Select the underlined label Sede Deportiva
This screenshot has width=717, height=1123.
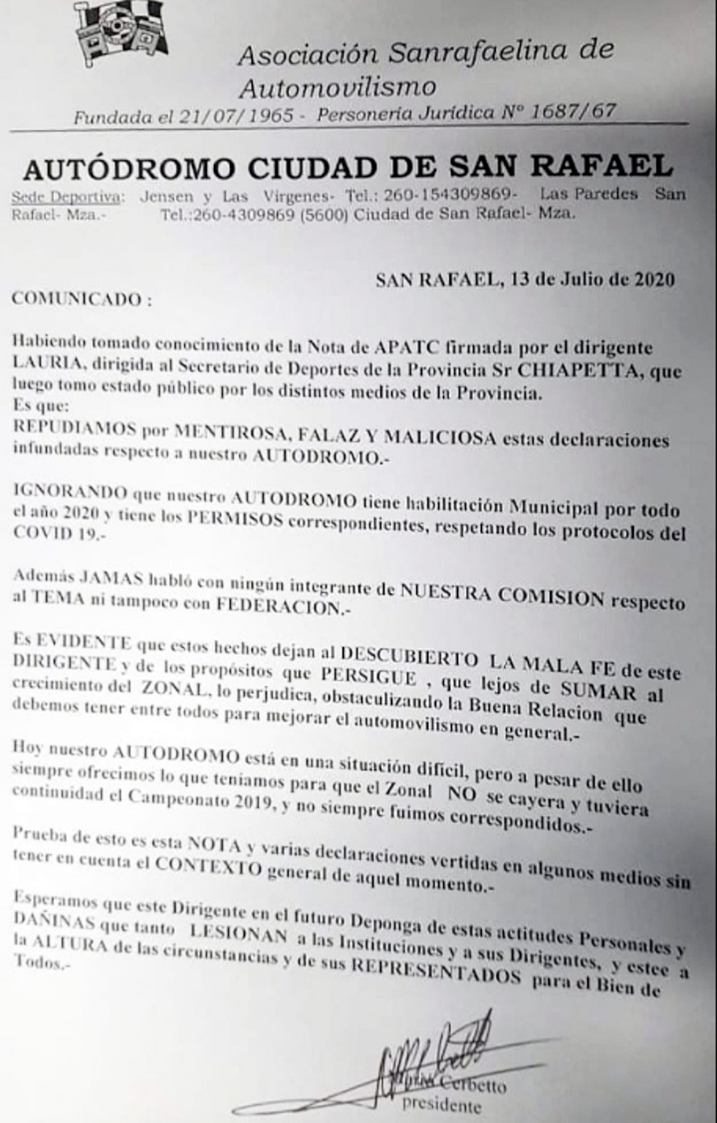tap(68, 196)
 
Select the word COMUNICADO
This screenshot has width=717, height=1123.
tap(78, 299)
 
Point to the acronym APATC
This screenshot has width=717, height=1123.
tap(406, 347)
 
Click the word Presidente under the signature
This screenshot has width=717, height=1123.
tap(441, 1104)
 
